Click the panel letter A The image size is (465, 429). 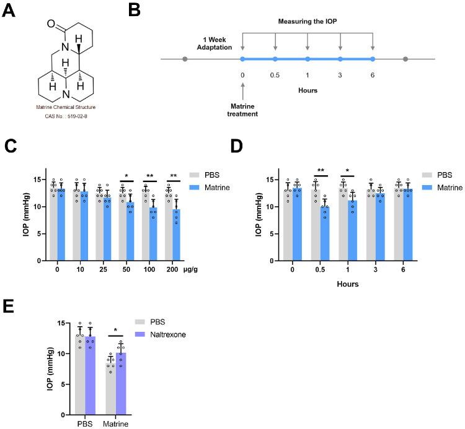pos(10,12)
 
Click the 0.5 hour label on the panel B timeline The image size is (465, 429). pos(275,75)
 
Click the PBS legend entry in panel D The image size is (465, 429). pos(436,175)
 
